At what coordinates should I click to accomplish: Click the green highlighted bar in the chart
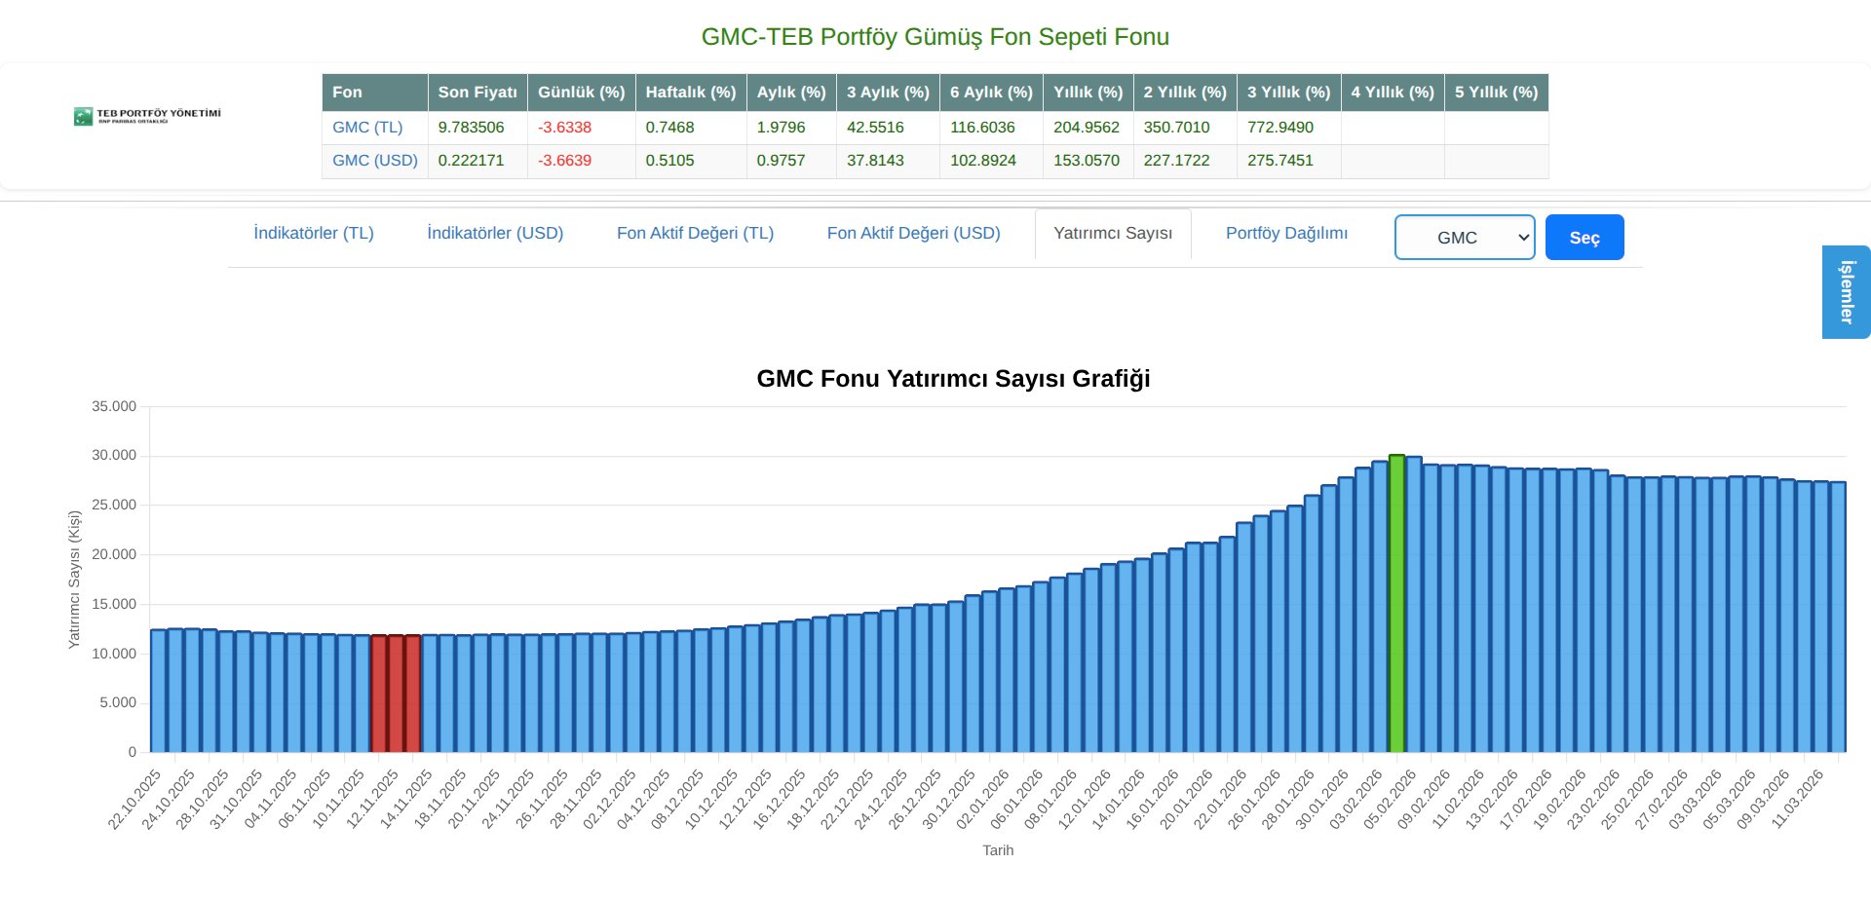coord(1396,604)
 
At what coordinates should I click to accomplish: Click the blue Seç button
coord(1584,238)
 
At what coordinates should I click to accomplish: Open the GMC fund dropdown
coord(1464,238)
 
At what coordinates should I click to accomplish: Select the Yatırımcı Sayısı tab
coord(1113,234)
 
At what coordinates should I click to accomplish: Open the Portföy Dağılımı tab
coord(1286,234)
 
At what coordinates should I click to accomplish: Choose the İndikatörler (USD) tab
coord(495,234)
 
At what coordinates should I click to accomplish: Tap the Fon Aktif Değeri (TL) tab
coord(695,234)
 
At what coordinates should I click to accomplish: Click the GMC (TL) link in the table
coord(367,128)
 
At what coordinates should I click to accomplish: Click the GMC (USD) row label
coord(374,161)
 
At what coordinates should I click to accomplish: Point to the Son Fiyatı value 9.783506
coord(471,128)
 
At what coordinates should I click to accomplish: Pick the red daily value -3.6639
coord(564,161)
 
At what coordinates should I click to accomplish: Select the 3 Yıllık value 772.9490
coord(1279,128)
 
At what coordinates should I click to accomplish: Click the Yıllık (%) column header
coord(1088,93)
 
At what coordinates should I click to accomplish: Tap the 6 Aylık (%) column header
coord(991,93)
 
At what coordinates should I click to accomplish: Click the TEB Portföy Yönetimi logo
coord(147,116)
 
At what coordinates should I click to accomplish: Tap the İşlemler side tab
coord(1846,292)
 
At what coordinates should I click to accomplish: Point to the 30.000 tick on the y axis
coord(114,456)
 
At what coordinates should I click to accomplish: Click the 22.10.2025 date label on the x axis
coord(135,800)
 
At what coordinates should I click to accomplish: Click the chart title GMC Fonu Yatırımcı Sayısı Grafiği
coord(953,379)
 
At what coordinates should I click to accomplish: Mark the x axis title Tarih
coord(998,850)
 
